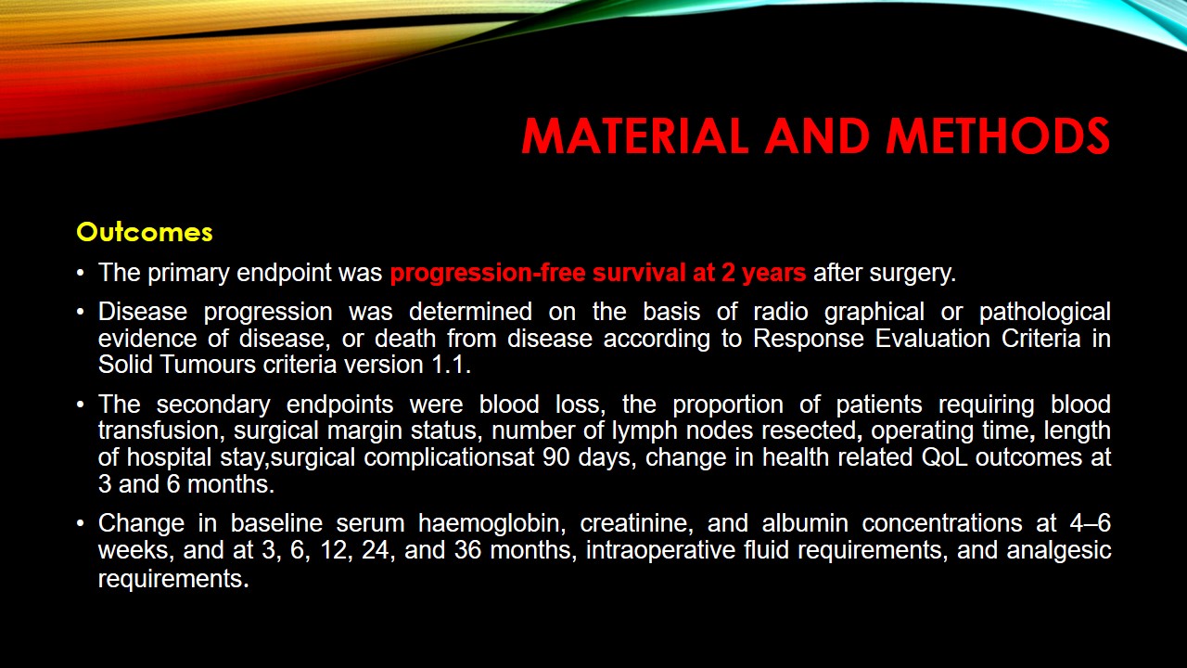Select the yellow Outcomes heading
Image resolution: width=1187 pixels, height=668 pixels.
(x=145, y=232)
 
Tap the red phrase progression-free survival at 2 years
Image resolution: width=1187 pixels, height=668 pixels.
(x=598, y=274)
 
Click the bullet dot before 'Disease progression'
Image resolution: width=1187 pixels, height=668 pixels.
(x=81, y=312)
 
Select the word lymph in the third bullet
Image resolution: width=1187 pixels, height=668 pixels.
(x=644, y=431)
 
